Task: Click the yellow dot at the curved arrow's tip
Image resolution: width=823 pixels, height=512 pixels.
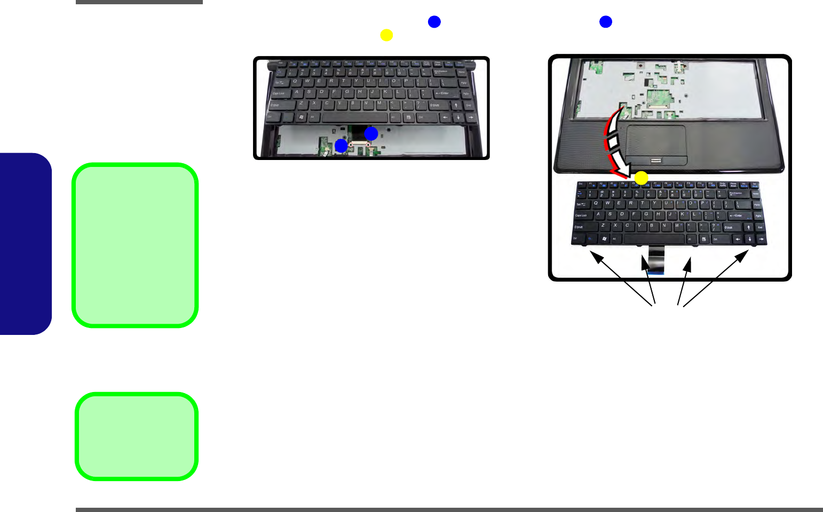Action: tap(641, 178)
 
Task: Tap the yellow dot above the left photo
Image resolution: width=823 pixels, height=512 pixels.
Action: tap(386, 35)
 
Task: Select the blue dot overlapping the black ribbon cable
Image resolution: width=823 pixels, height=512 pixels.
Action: tap(371, 133)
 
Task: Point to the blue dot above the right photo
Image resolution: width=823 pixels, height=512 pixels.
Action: tap(605, 21)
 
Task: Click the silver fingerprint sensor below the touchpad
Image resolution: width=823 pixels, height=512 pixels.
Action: tap(656, 160)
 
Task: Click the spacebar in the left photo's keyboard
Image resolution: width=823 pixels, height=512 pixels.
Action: tap(354, 117)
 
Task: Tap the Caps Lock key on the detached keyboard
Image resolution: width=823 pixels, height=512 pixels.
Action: tap(582, 215)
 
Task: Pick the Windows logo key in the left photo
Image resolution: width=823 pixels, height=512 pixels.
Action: tap(302, 117)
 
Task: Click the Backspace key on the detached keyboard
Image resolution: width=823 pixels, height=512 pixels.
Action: tap(737, 194)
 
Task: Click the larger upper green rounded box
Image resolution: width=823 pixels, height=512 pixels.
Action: tap(136, 245)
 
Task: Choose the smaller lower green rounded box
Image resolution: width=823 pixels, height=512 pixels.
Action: tap(137, 436)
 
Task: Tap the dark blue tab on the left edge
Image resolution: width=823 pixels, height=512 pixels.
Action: tap(26, 244)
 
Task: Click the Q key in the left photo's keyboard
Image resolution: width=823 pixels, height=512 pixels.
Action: tap(295, 82)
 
